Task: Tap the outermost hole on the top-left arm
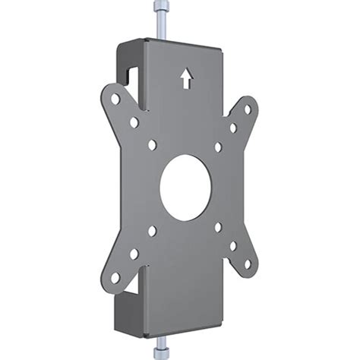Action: pyautogui.click(x=115, y=99)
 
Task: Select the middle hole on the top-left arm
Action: pyautogui.click(x=134, y=122)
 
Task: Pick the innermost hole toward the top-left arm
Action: pyautogui.click(x=153, y=144)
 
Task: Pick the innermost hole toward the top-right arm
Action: pyautogui.click(x=218, y=147)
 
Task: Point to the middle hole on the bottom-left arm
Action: pyautogui.click(x=134, y=254)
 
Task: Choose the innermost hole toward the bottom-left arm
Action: pyautogui.click(x=153, y=230)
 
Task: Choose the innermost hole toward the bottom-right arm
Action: pyautogui.click(x=219, y=226)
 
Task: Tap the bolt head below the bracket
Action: pyautogui.click(x=161, y=352)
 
